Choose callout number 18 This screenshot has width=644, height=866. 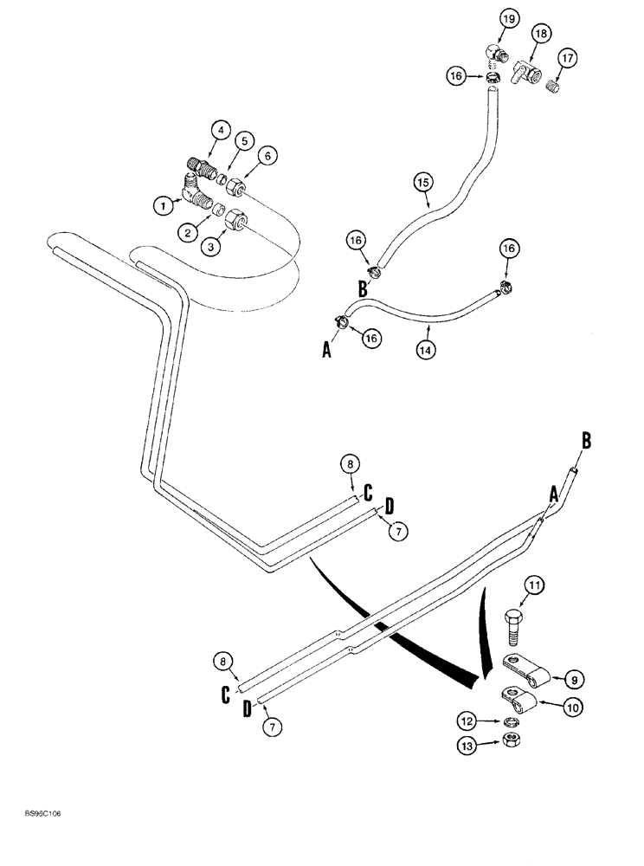(x=541, y=33)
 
